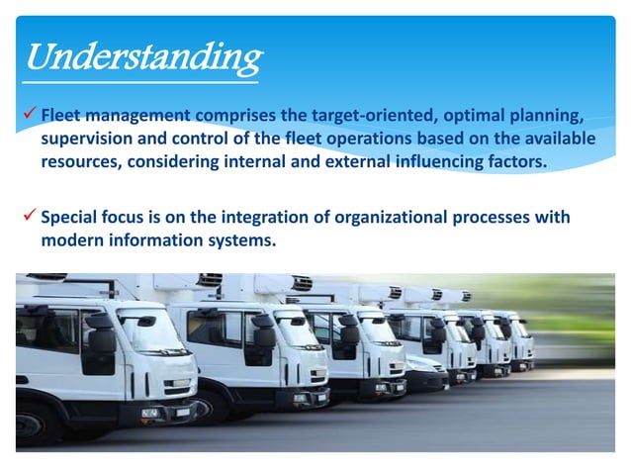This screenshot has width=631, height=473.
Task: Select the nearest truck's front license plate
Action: coord(150,411)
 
